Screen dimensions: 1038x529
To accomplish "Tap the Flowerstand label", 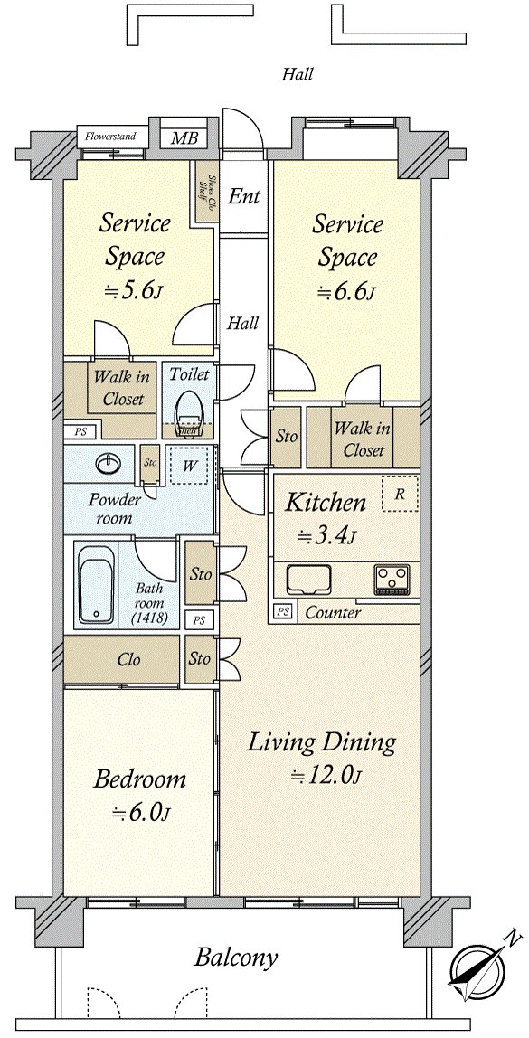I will point(110,137).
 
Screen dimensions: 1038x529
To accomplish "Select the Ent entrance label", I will point(243,195).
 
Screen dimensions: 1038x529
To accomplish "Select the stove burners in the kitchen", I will point(392,577).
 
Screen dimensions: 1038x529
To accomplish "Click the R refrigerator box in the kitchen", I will point(399,495).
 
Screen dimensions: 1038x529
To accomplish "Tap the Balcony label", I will point(236,958).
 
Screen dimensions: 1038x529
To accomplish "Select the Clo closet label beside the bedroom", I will point(129,659).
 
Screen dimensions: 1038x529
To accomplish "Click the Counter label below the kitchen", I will point(333,612).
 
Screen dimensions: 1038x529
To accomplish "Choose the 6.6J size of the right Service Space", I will point(347,292).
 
